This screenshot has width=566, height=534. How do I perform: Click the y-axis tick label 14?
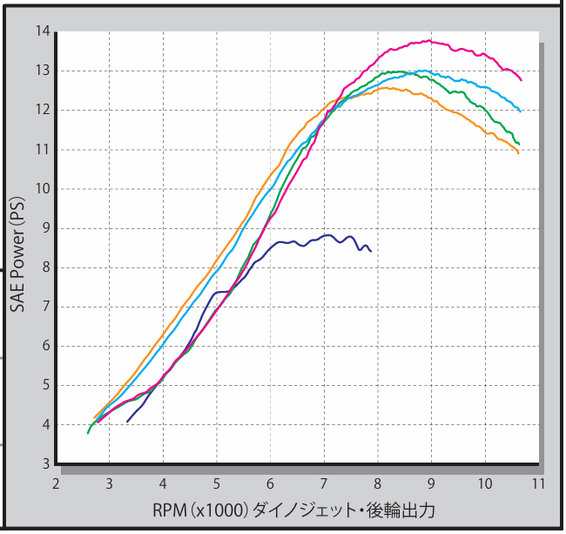pyautogui.click(x=41, y=31)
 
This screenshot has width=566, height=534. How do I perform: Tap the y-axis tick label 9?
pyautogui.click(x=45, y=228)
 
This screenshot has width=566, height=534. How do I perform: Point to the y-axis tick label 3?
pyautogui.click(x=45, y=464)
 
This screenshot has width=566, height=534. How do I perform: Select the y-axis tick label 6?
pyautogui.click(x=45, y=346)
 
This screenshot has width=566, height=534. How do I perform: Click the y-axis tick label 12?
pyautogui.click(x=41, y=110)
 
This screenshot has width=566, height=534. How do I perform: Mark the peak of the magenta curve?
pyautogui.click(x=428, y=40)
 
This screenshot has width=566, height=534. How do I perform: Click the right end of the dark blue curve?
pyautogui.click(x=371, y=251)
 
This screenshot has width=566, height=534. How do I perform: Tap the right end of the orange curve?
pyautogui.click(x=519, y=153)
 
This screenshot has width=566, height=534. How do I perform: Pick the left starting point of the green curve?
pyautogui.click(x=88, y=432)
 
